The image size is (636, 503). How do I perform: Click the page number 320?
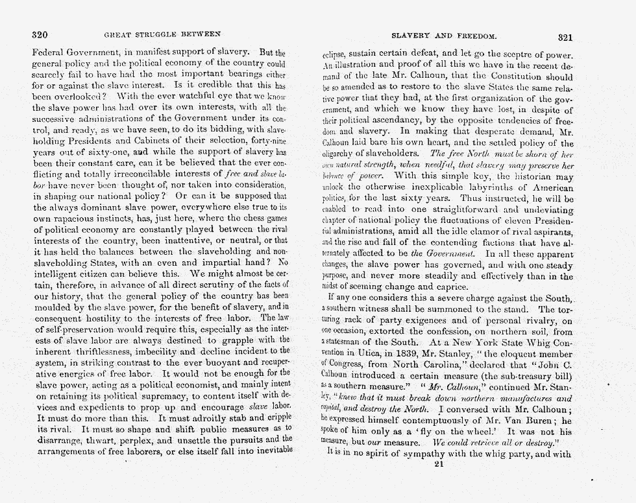point(40,34)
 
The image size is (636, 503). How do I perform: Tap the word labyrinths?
point(496,187)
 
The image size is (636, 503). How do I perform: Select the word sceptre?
point(518,54)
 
